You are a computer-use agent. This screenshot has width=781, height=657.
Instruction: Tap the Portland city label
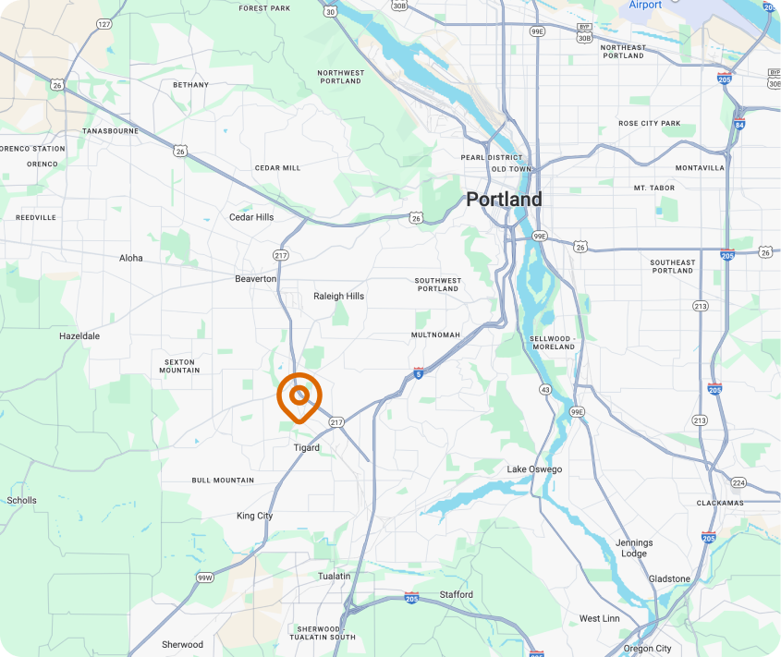click(504, 199)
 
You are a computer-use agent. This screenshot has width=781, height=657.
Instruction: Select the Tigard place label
click(307, 447)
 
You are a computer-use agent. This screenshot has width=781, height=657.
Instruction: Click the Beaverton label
click(256, 278)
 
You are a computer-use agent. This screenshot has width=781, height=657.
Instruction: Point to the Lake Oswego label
click(534, 469)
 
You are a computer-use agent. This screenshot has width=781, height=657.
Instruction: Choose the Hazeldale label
click(79, 336)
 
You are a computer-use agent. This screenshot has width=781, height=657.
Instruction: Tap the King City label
click(254, 516)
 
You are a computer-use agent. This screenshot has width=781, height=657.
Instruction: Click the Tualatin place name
click(334, 576)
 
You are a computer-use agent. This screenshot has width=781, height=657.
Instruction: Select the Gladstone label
click(669, 578)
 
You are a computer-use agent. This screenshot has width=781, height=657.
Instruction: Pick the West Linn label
click(600, 618)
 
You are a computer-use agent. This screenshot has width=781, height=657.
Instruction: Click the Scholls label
click(21, 500)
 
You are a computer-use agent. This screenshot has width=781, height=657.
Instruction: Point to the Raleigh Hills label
click(339, 296)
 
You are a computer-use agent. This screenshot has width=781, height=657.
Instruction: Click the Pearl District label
click(493, 157)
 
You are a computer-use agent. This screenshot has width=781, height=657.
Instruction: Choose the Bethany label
click(191, 84)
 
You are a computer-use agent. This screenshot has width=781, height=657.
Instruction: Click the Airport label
click(645, 6)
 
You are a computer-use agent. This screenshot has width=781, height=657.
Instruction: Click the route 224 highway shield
click(738, 482)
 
